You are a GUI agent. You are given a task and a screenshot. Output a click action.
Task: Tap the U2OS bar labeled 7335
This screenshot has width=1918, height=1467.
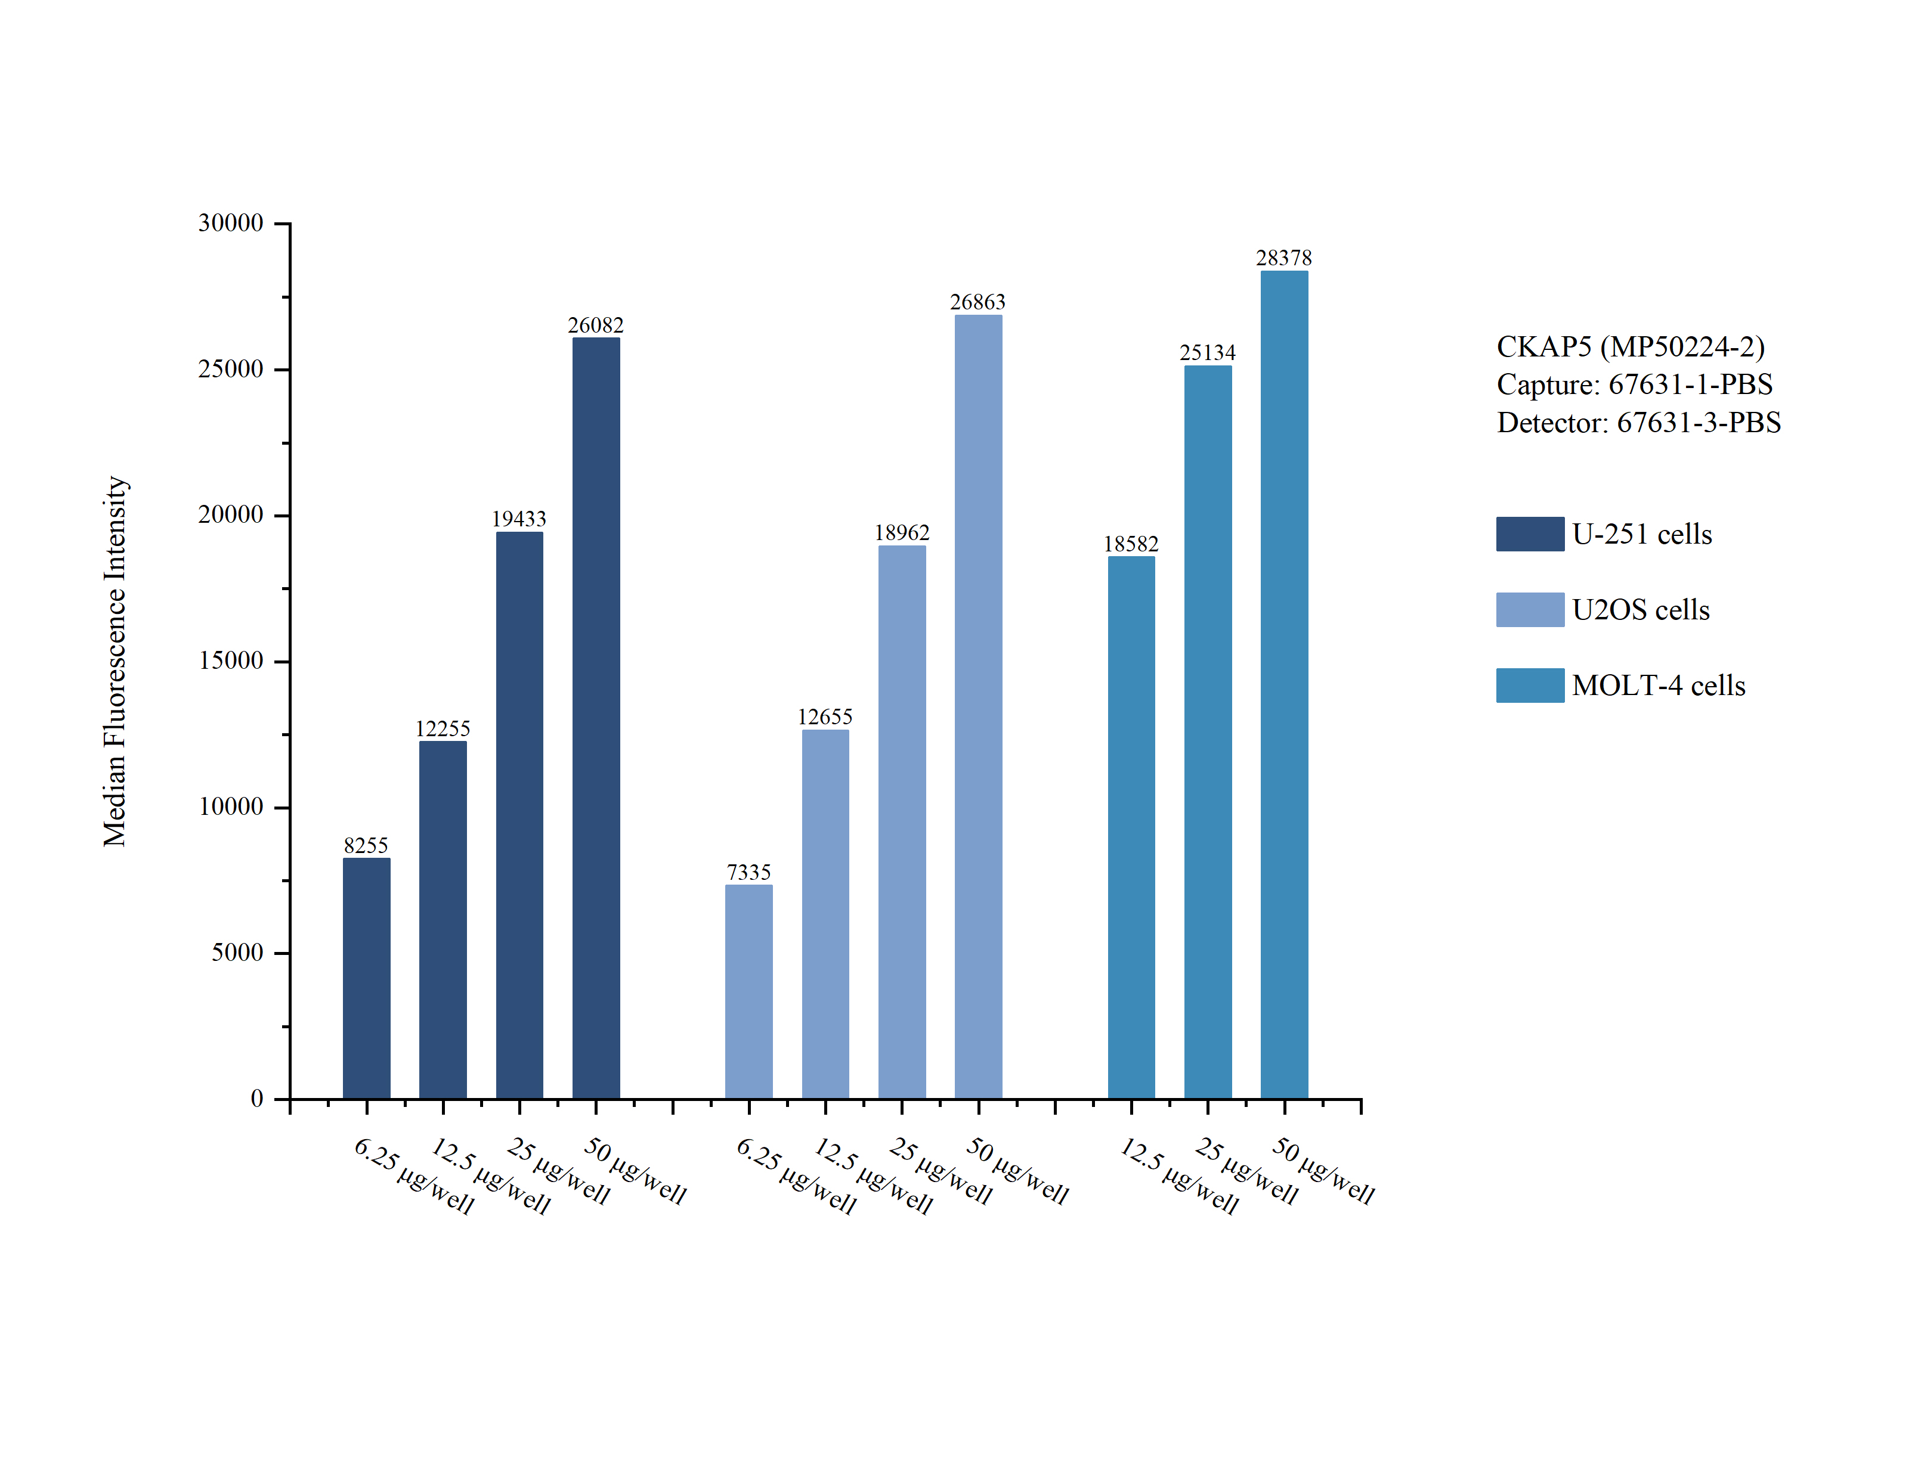click(x=748, y=991)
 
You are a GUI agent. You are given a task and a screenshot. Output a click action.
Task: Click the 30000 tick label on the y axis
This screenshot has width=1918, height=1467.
click(x=231, y=224)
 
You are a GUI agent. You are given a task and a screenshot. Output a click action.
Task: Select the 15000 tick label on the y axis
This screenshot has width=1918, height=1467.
click(x=231, y=661)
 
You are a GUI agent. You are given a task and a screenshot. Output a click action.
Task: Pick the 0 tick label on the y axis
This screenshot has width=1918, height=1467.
click(x=257, y=1099)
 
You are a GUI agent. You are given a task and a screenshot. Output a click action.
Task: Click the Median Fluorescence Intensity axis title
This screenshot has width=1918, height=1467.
click(x=115, y=661)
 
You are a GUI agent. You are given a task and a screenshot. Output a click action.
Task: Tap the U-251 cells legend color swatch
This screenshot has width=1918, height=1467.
click(x=1529, y=534)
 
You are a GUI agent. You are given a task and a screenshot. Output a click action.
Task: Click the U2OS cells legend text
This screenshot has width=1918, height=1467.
click(x=1640, y=609)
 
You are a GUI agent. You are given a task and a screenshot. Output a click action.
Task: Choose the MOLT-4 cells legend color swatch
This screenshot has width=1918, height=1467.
click(x=1529, y=686)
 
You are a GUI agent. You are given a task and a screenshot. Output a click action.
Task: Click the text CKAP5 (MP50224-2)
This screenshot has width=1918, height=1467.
click(x=1630, y=347)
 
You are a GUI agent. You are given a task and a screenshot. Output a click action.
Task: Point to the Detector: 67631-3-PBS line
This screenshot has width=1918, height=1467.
click(x=1638, y=423)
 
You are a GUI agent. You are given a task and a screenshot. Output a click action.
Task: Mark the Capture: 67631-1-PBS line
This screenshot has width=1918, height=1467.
click(x=1634, y=384)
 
